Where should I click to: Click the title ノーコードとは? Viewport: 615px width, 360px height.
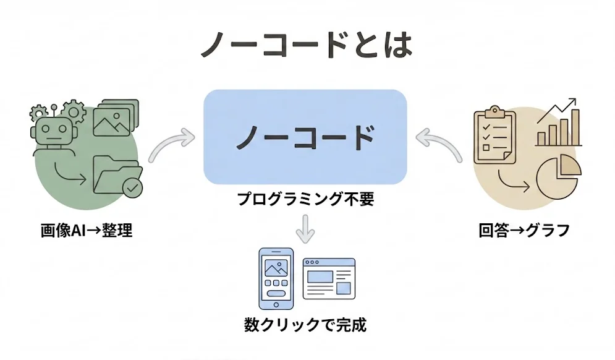click(306, 46)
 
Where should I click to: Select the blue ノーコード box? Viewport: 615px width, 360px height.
click(305, 137)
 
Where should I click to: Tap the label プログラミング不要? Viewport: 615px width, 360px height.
click(305, 200)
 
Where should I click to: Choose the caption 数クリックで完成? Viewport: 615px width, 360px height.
click(305, 324)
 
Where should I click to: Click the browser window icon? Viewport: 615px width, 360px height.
click(328, 278)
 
